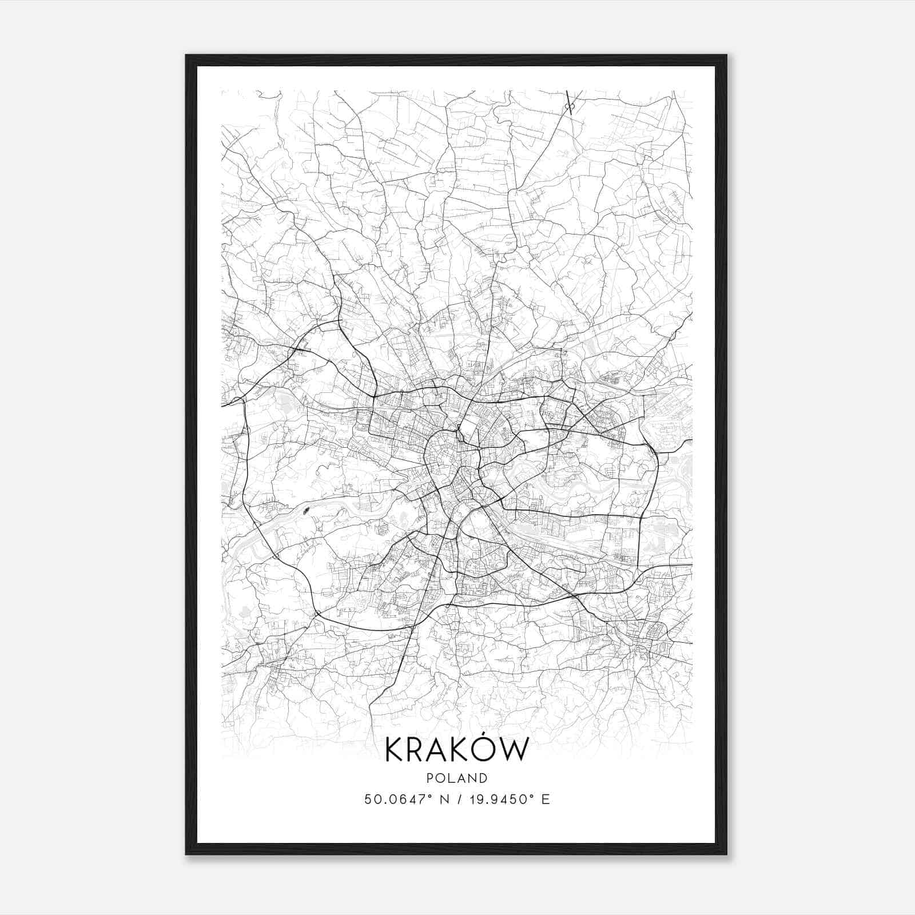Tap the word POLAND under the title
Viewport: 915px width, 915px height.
point(456,778)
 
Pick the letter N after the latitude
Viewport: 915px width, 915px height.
point(441,799)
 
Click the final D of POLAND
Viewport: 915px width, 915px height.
point(484,778)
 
